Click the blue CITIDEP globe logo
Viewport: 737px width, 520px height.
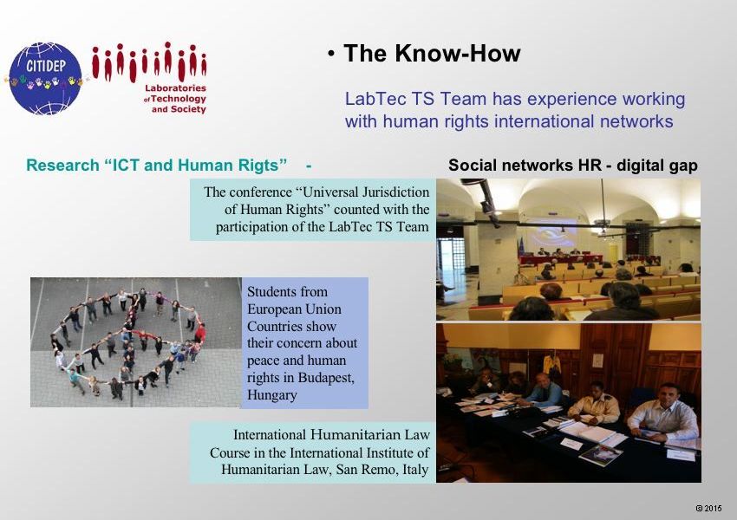(45, 79)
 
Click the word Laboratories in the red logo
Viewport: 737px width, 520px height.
(175, 88)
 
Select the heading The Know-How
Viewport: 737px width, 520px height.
(432, 53)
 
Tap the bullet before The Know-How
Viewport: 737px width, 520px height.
(331, 55)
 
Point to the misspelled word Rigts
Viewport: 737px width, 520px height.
(264, 166)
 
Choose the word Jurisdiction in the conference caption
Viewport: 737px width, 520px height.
(389, 192)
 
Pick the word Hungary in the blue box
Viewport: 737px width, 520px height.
(271, 395)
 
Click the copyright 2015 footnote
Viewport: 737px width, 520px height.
(708, 508)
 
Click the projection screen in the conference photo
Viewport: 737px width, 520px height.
(550, 234)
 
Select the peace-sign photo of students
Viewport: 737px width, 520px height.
(136, 342)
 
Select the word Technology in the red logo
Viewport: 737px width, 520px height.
(179, 99)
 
